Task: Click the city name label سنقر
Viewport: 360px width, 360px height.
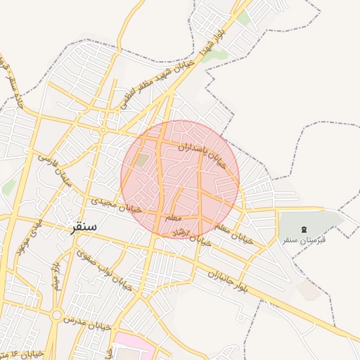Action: (84, 228)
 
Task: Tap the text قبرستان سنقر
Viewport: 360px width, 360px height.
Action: (304, 240)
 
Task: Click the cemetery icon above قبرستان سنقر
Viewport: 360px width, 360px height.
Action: (304, 230)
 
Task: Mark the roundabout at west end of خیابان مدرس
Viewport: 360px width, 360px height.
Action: (57, 316)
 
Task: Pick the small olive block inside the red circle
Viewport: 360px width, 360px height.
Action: (143, 160)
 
